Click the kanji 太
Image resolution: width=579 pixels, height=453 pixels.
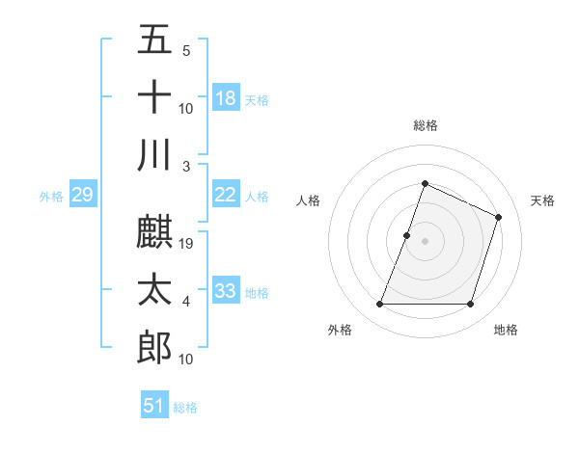tap(154, 290)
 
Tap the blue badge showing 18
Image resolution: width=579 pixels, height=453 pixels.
tap(226, 98)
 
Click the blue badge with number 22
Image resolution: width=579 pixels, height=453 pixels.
tap(226, 195)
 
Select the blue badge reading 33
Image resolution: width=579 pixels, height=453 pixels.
tap(226, 291)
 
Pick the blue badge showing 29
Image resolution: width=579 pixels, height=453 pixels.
tap(82, 196)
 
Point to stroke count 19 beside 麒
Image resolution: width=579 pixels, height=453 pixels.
tap(188, 244)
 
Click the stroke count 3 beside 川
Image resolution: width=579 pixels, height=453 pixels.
tap(186, 166)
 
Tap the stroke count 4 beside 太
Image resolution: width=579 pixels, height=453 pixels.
tap(186, 302)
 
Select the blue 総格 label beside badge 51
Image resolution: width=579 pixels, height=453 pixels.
tap(185, 408)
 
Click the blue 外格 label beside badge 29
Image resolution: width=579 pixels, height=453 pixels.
tap(51, 197)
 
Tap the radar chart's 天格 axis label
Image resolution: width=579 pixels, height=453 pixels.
tap(542, 200)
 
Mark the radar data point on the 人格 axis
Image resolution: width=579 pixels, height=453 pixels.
tap(407, 235)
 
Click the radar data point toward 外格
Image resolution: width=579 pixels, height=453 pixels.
tap(379, 305)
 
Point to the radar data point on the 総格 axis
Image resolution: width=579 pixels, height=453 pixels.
tap(425, 184)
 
